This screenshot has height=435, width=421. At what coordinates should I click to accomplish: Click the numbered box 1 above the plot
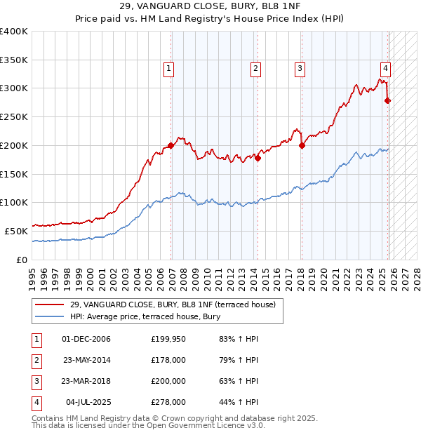point(170,68)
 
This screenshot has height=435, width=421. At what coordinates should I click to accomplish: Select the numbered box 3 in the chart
point(300,68)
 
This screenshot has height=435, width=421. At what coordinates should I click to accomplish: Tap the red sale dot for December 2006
point(171,146)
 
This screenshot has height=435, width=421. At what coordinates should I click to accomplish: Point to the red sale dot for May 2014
point(258,158)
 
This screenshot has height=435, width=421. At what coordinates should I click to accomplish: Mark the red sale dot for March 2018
point(302,146)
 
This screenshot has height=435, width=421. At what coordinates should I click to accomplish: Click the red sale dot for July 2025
point(388,101)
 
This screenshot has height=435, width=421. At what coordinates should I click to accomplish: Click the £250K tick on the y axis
point(15,117)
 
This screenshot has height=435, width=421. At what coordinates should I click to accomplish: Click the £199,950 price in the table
point(168,339)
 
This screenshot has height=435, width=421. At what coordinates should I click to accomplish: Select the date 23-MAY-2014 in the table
point(86,360)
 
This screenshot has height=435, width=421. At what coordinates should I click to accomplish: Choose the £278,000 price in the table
point(168,402)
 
